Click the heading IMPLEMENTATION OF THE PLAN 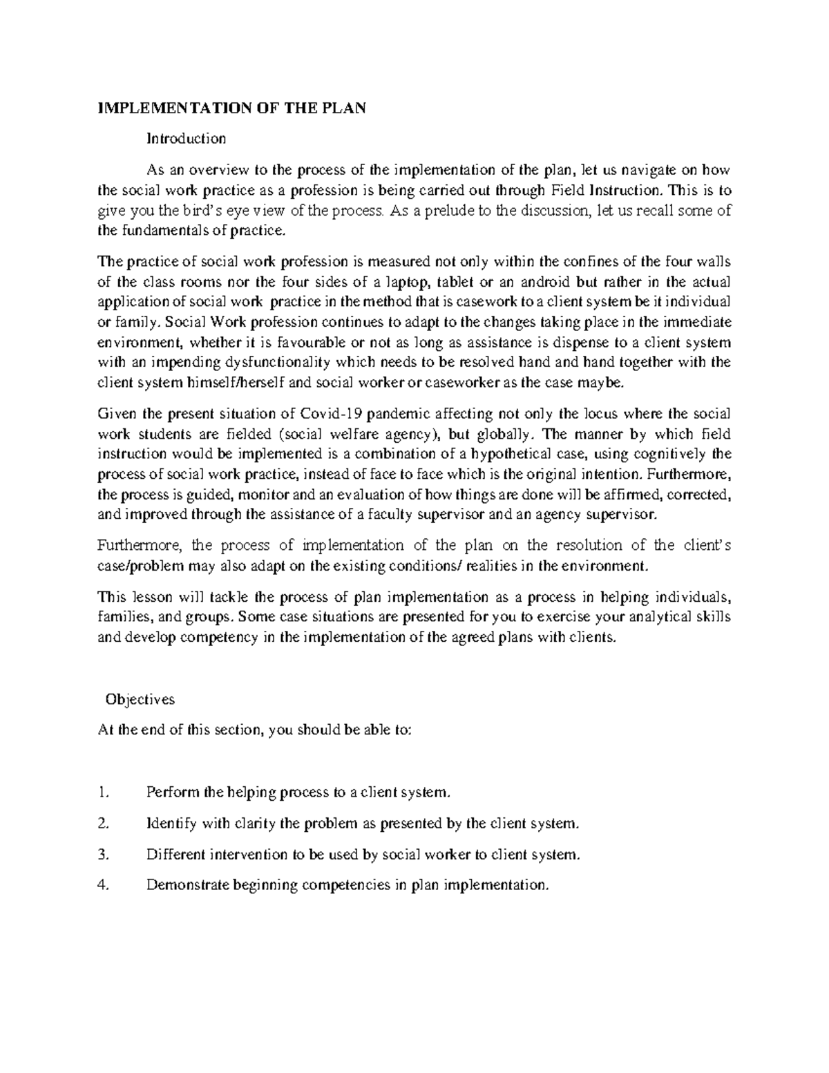[231, 108]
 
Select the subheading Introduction [186, 139]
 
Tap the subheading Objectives [140, 699]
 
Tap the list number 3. [104, 855]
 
